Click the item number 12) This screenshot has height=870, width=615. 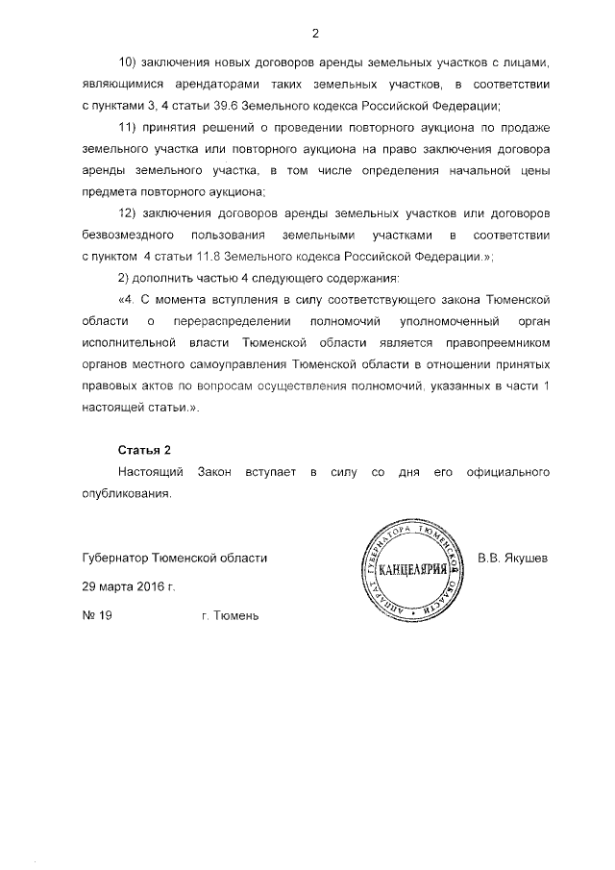click(x=130, y=213)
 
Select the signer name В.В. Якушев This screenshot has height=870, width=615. click(x=512, y=558)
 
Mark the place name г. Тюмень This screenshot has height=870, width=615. click(x=231, y=615)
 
